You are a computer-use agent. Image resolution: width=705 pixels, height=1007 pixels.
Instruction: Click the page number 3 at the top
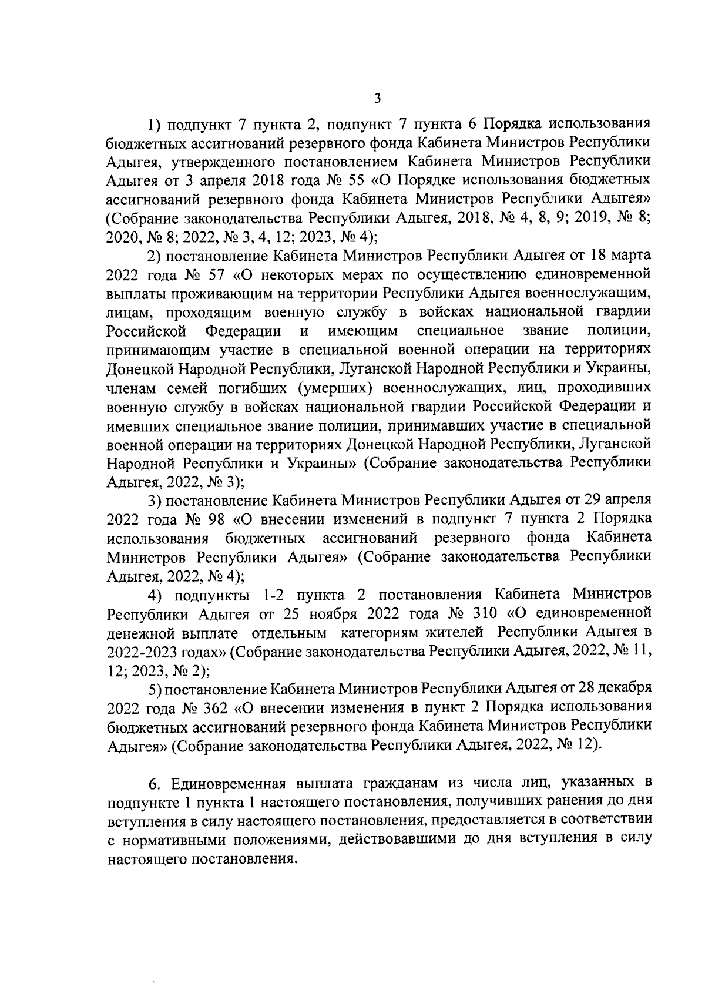point(378,98)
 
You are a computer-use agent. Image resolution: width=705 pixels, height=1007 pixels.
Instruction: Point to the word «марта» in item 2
point(630,255)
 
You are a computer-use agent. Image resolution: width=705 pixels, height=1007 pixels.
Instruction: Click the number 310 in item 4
point(485,613)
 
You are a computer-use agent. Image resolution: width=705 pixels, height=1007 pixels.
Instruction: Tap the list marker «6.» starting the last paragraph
point(154,784)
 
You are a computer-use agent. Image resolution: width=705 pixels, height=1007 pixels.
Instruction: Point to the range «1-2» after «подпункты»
point(268,595)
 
